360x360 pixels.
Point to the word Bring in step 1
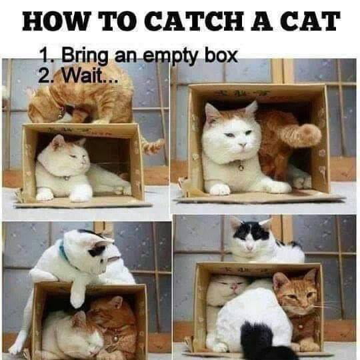[x=85, y=55]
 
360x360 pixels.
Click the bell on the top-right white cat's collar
[x=240, y=166]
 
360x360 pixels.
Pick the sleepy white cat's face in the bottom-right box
[x=223, y=288]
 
